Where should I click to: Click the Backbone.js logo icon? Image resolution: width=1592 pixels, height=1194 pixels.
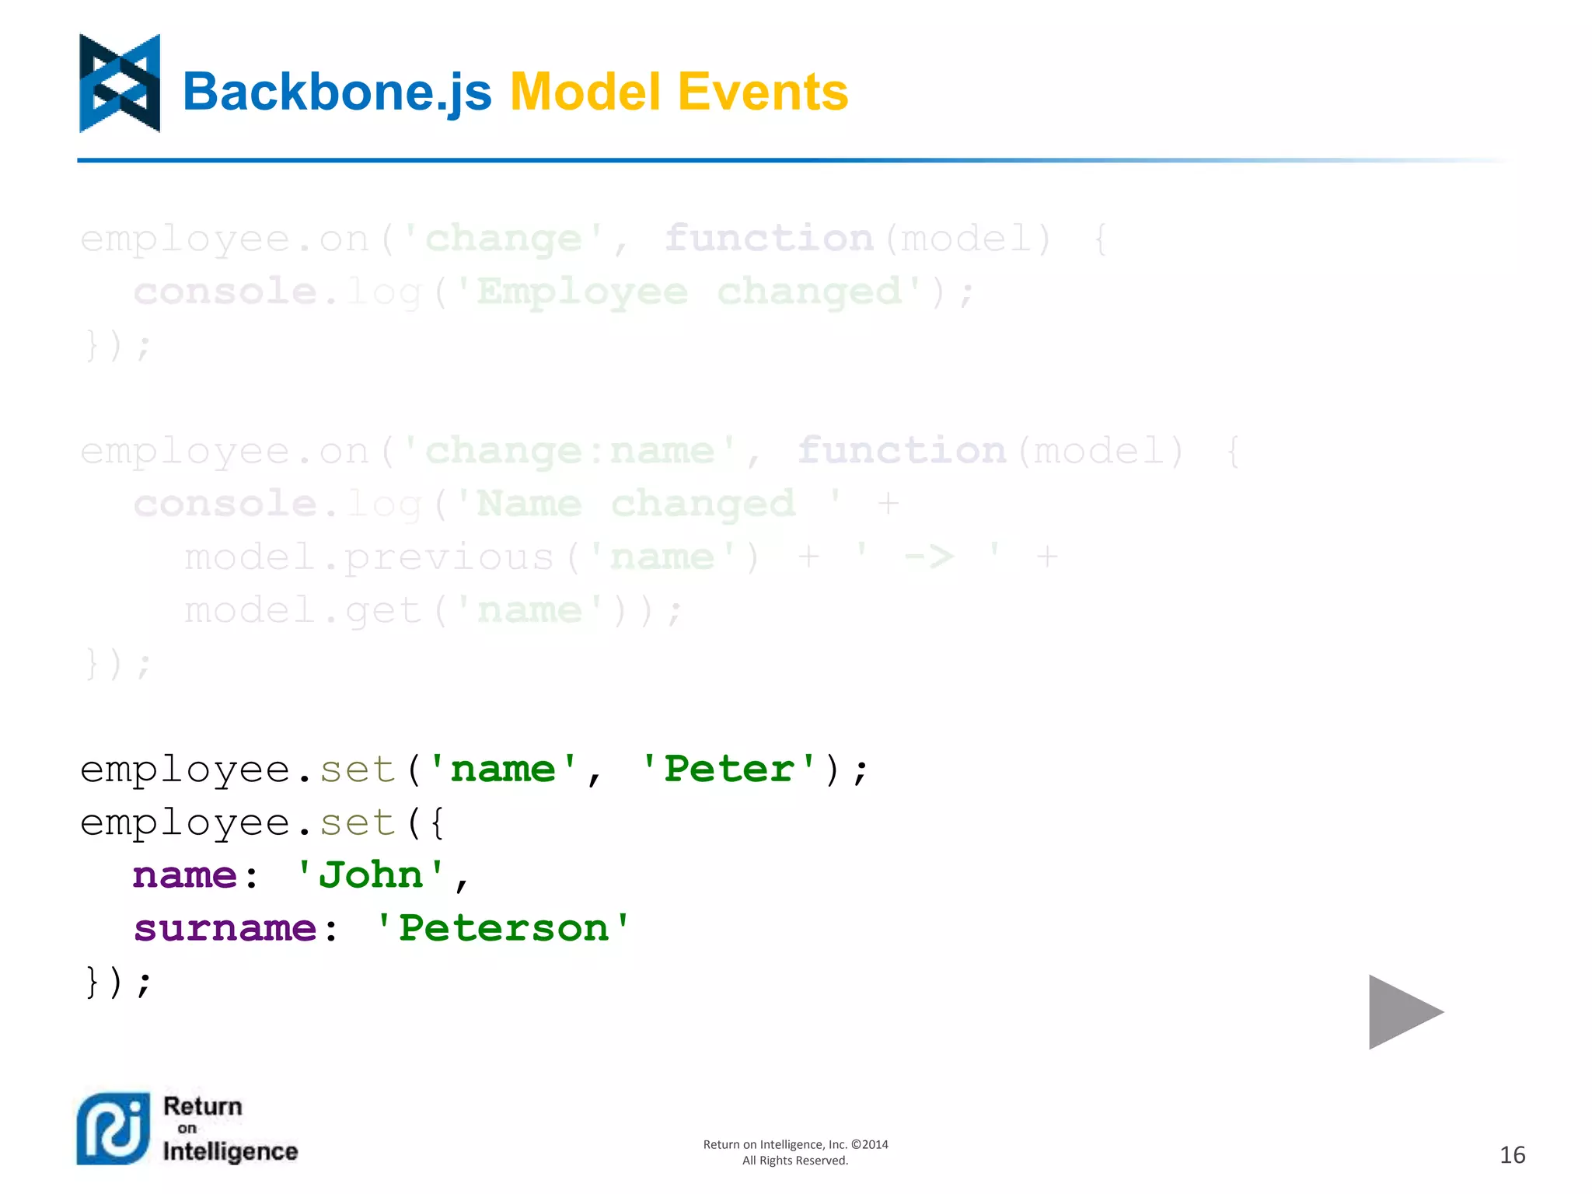120,83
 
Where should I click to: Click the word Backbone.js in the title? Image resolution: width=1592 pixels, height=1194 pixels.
337,93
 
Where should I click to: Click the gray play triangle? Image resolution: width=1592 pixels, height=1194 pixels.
1402,1011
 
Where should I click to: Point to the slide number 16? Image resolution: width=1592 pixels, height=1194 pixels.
1512,1155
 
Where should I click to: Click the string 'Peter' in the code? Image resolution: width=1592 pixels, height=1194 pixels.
728,769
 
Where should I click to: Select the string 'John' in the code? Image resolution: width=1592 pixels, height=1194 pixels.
371,875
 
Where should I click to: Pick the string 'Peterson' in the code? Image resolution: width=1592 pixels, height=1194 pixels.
502,928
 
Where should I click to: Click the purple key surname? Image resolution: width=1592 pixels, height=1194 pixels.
225,928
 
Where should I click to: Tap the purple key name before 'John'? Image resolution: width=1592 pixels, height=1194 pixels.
184,875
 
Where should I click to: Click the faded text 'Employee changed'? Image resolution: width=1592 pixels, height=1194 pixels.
688,292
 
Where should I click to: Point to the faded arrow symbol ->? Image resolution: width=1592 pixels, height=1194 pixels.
929,557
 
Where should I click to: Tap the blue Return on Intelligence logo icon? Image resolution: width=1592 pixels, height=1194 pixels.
113,1129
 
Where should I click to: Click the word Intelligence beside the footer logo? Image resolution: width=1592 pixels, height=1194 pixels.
230,1151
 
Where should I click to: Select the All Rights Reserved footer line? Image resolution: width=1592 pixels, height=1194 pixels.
794,1161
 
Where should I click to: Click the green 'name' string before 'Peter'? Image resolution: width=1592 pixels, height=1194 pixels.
503,769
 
